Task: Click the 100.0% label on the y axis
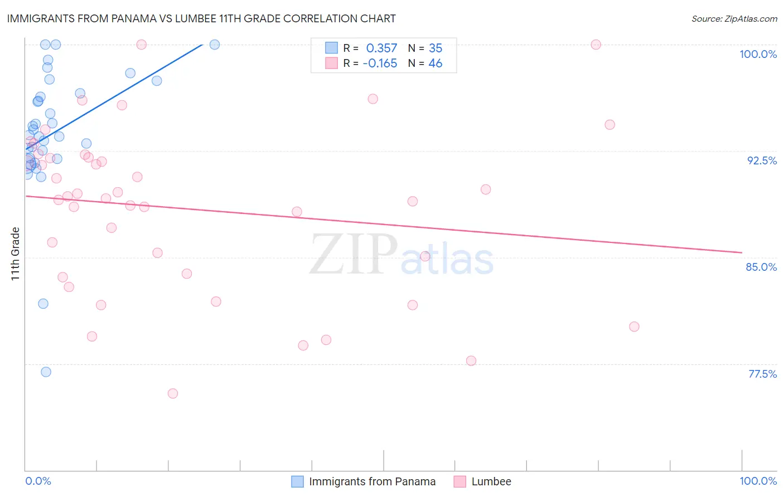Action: click(758, 54)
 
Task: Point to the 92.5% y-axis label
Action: click(762, 160)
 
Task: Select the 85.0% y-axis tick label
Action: click(761, 267)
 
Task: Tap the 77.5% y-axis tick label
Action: click(762, 374)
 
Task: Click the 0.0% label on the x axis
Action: click(38, 481)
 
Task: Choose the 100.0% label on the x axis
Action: click(758, 481)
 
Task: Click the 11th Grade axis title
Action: click(16, 254)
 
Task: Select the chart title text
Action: click(201, 18)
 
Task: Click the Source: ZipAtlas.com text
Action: click(734, 19)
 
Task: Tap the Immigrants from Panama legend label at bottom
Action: click(372, 481)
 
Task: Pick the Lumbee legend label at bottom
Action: click(491, 481)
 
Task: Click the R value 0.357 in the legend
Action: click(381, 48)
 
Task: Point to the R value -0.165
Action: click(380, 64)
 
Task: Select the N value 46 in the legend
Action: click(435, 64)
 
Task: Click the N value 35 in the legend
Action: click(435, 48)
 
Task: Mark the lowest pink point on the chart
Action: click(173, 393)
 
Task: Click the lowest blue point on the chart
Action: click(46, 372)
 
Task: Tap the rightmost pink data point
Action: click(634, 327)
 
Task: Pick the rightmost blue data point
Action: click(215, 45)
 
